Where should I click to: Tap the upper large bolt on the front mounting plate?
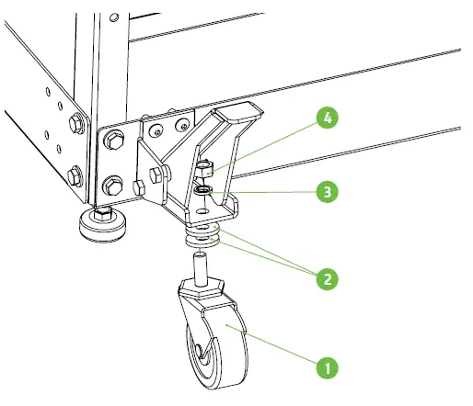pos(117,142)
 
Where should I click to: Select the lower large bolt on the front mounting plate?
pos(115,183)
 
